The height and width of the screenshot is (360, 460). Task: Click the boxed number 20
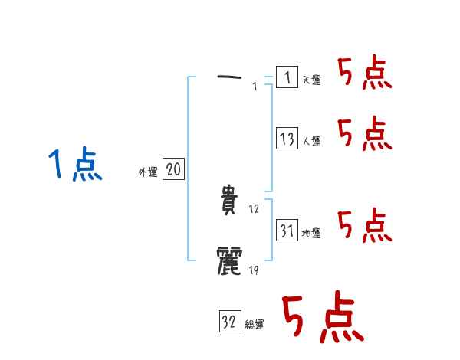click(173, 170)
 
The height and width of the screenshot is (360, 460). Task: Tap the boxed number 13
click(287, 139)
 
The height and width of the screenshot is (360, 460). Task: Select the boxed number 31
click(287, 231)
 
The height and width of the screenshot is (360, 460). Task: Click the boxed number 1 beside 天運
click(287, 77)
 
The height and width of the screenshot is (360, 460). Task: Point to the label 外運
click(148, 172)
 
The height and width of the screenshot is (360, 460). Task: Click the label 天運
click(311, 80)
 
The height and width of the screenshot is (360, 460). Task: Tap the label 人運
click(311, 141)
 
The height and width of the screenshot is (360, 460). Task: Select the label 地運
click(311, 233)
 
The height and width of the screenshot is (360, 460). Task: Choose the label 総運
click(255, 325)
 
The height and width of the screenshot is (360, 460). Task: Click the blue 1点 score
click(74, 165)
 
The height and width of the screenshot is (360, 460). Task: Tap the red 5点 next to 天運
click(365, 74)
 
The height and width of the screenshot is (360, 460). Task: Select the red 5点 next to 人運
click(365, 135)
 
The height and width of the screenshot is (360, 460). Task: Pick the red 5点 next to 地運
click(365, 225)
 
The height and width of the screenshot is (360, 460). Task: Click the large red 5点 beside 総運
click(322, 318)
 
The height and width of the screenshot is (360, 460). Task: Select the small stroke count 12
click(255, 209)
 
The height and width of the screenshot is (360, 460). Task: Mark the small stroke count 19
click(255, 269)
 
